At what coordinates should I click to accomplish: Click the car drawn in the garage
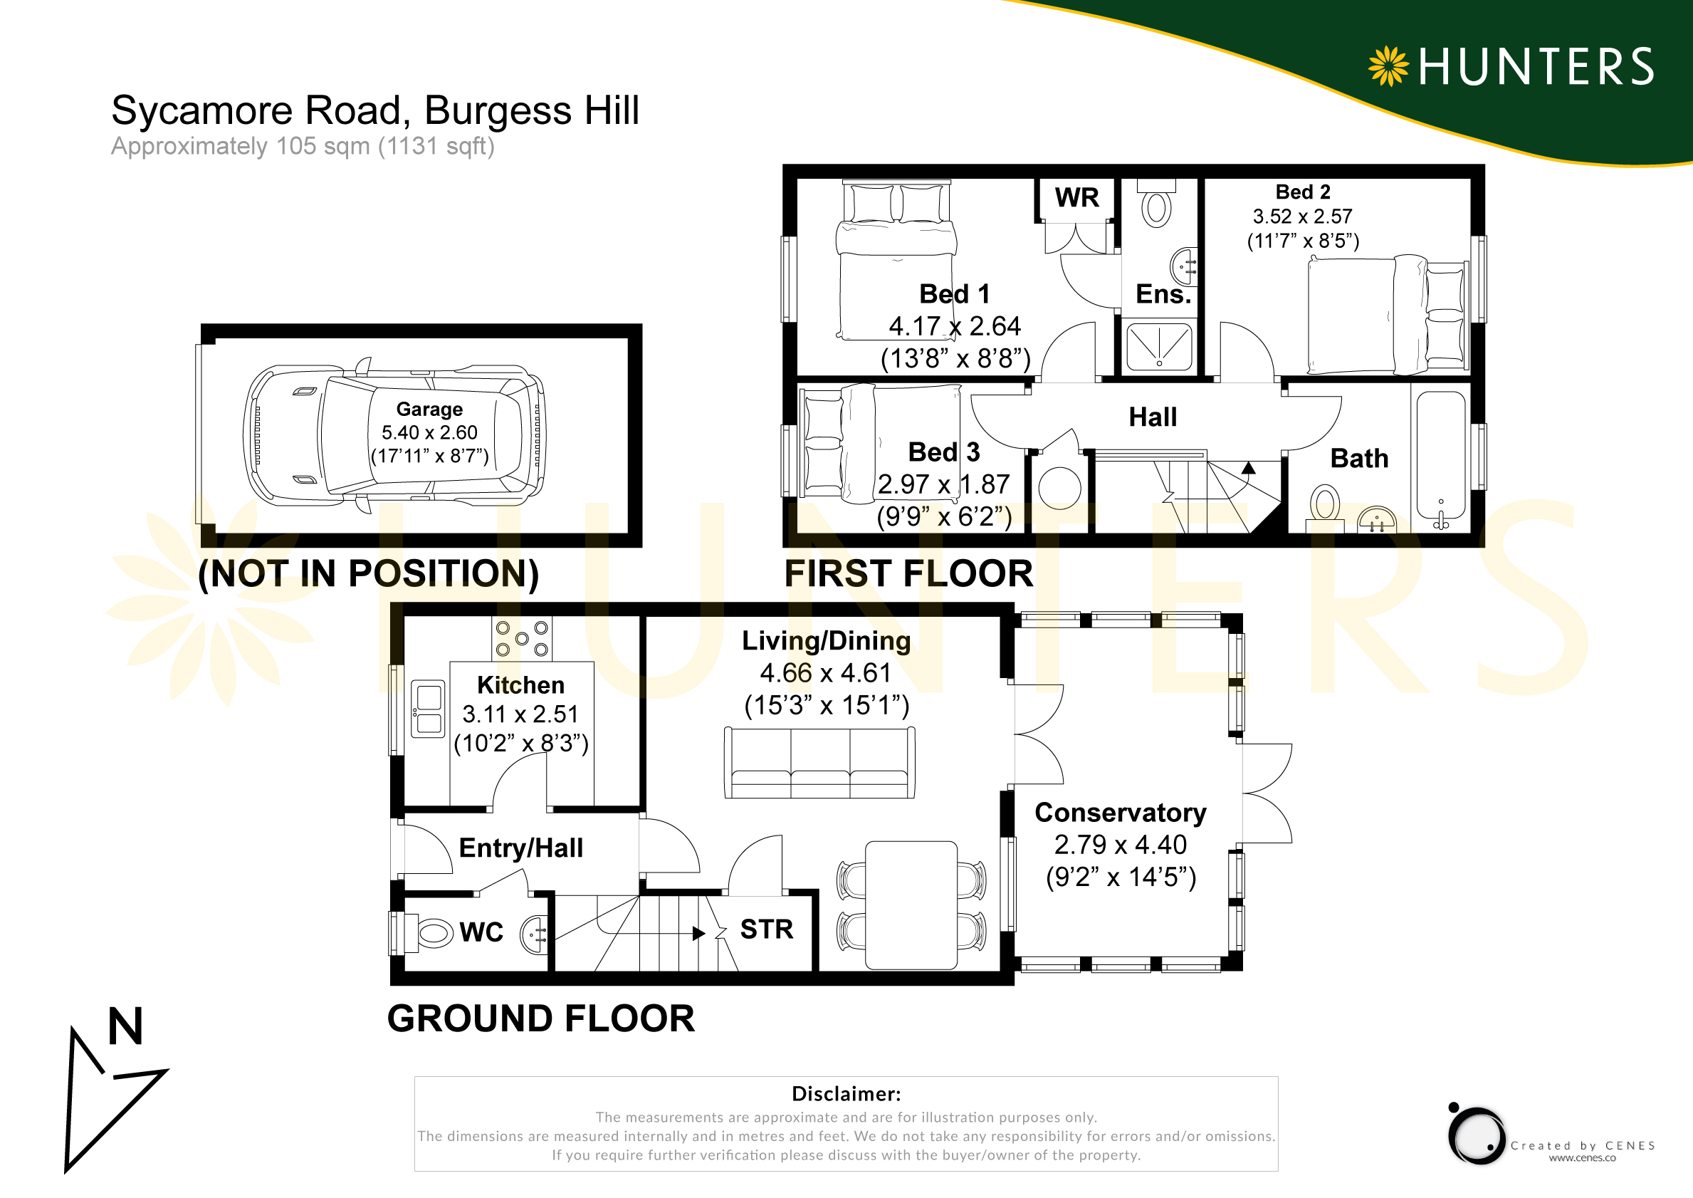(394, 435)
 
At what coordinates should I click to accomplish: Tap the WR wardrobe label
(1076, 198)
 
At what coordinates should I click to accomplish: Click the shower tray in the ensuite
(1159, 348)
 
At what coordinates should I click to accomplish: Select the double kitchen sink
(428, 709)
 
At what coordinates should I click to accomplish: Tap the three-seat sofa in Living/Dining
(820, 763)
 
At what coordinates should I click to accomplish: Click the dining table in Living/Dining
(911, 905)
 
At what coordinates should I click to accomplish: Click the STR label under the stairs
(767, 929)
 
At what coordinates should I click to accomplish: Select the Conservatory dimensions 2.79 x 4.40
(1120, 845)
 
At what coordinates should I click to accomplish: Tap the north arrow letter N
(125, 1026)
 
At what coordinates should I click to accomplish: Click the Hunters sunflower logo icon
(1388, 66)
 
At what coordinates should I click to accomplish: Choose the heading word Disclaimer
(846, 1094)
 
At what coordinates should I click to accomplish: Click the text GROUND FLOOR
(541, 1019)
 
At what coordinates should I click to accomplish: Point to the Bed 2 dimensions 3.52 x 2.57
(1303, 217)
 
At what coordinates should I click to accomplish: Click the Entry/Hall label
(520, 848)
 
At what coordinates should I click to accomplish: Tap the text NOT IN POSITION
(369, 574)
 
